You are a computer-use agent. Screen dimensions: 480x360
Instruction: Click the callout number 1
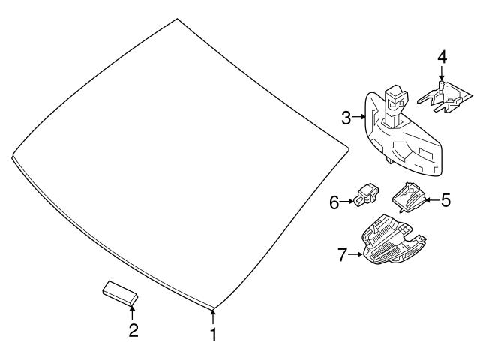214,334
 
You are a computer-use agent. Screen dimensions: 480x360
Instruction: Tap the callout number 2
133,330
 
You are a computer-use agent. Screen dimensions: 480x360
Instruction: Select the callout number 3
346,118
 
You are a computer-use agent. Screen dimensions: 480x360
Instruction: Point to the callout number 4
442,58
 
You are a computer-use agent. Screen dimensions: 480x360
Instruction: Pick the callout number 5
446,200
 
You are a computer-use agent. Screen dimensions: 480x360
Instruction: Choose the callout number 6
334,202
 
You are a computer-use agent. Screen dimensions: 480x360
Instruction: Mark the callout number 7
342,255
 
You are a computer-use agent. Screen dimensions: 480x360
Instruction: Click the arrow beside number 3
359,117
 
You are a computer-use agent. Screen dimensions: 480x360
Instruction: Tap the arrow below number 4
442,73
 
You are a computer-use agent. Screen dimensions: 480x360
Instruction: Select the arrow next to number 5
432,200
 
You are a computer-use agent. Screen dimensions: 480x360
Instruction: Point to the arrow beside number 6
346,201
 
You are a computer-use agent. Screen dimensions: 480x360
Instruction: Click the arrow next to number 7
355,254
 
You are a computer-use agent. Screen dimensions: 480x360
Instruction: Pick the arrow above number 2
132,313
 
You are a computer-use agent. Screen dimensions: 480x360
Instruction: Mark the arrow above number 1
213,317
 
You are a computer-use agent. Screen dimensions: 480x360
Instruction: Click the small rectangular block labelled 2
120,293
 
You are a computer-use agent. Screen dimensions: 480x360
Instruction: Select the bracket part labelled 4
445,97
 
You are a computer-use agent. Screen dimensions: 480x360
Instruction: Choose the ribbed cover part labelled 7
393,240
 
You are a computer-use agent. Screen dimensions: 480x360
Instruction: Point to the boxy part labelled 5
409,196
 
